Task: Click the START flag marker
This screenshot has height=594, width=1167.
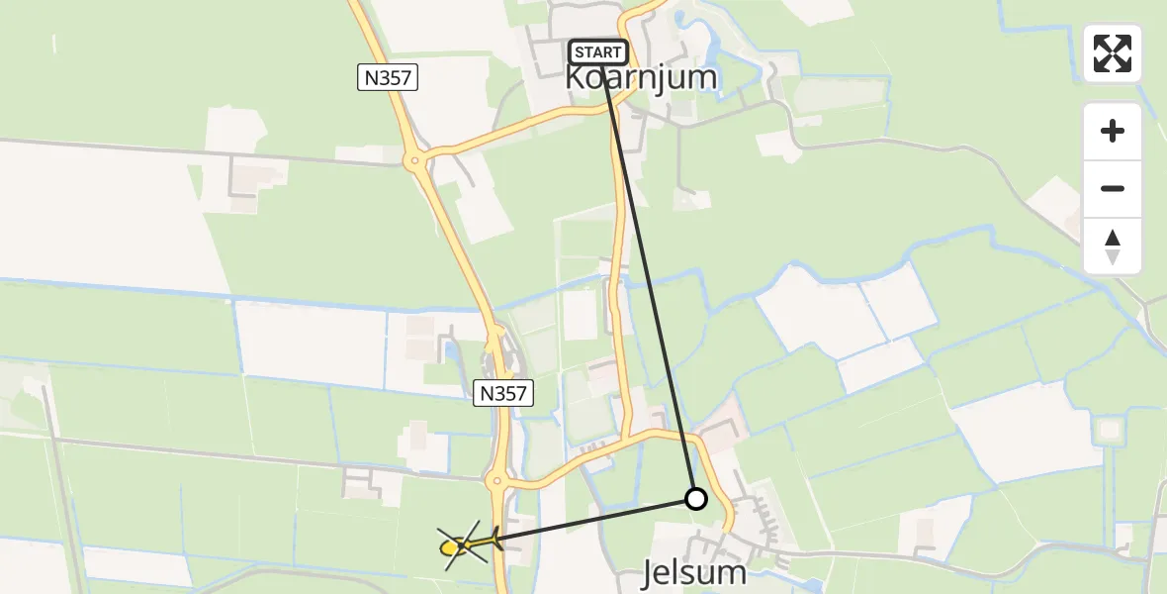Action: coord(598,52)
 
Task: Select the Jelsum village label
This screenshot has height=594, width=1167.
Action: coord(693,573)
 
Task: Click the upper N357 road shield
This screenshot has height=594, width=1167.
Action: coord(388,77)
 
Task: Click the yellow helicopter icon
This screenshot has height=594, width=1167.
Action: coord(461,544)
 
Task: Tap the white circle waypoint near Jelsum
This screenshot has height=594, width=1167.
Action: coord(696,499)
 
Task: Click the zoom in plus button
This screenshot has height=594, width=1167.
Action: coord(1113,131)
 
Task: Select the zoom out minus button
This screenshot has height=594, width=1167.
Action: coord(1113,188)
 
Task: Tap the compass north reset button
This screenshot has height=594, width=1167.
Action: coord(1113,246)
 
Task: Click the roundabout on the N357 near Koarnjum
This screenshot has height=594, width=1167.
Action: coord(415,158)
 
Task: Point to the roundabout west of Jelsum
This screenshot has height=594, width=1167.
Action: coord(497,483)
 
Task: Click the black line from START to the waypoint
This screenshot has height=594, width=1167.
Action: coord(648,277)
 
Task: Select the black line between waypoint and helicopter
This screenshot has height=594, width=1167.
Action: coord(593,520)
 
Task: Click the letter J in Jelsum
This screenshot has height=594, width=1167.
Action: coord(650,573)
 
